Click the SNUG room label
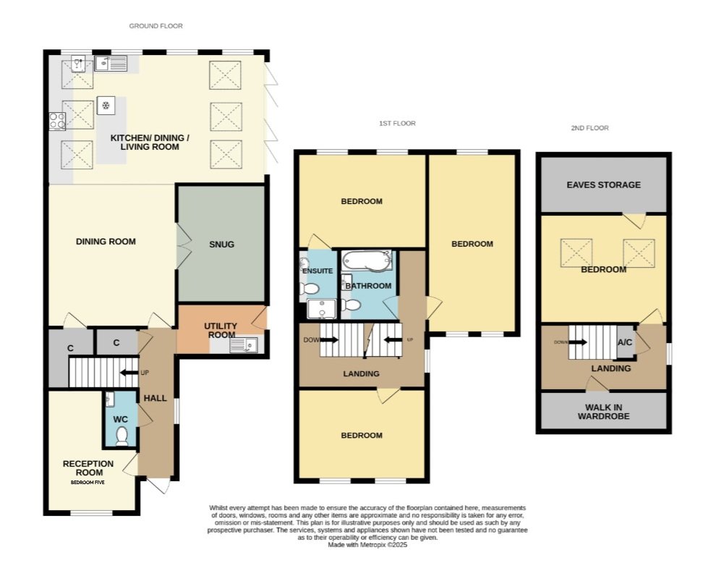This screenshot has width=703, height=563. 221,245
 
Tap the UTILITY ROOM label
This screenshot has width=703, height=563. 221,330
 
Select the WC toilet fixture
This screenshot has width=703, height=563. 121,436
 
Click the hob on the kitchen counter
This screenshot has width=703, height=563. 57,121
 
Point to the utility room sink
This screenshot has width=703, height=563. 244,345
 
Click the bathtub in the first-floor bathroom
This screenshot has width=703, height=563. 366,261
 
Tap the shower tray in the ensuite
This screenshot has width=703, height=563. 321,309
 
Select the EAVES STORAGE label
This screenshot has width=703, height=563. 603,185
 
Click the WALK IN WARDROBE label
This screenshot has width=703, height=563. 603,412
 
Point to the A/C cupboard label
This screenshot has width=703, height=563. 625,342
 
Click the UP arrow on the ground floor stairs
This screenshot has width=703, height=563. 129,373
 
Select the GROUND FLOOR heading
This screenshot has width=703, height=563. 156,26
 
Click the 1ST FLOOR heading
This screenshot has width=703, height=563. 397,123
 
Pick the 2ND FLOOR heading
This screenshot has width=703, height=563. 589,128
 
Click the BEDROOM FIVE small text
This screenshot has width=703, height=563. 88,482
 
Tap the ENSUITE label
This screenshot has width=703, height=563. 318,271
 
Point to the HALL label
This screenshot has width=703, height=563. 155,398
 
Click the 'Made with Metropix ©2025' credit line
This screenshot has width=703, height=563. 367,545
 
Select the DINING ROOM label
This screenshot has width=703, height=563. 106,242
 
